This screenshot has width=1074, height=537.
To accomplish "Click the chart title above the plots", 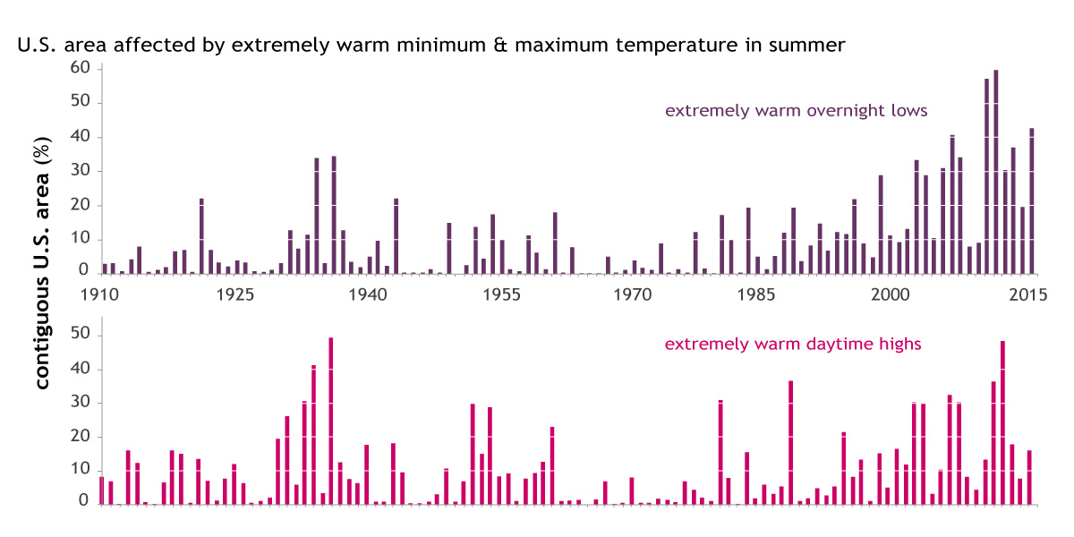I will (x=430, y=45).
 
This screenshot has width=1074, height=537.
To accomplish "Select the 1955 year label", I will (x=501, y=294).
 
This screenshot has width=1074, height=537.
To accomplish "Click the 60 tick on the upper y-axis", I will (x=81, y=68).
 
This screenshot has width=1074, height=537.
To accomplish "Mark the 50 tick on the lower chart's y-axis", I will (x=81, y=336).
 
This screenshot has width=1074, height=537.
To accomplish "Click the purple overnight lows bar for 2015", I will (x=1031, y=200).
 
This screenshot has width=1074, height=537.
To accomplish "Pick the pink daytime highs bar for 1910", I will (x=102, y=490).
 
